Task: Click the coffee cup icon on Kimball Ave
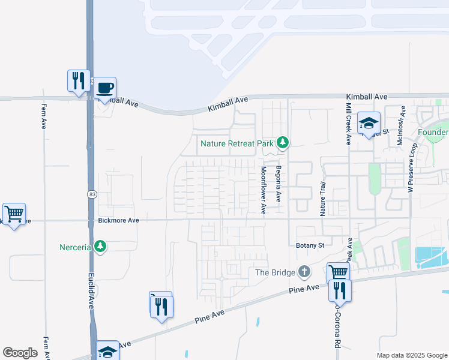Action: pos(106,88)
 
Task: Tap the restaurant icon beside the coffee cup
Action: pos(79,80)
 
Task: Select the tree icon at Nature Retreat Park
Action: pos(283,143)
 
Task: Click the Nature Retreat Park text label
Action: pos(237,143)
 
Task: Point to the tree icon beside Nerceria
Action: pos(100,247)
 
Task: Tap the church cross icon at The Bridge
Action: pos(304,272)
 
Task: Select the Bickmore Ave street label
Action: pos(118,221)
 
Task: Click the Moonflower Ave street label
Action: pos(263,190)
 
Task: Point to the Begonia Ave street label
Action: pos(278,184)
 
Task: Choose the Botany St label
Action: pos(310,245)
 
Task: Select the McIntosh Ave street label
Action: pos(400,125)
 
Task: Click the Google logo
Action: pos(20,353)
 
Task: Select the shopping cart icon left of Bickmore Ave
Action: pos(14,213)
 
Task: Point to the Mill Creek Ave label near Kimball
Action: pos(348,123)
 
